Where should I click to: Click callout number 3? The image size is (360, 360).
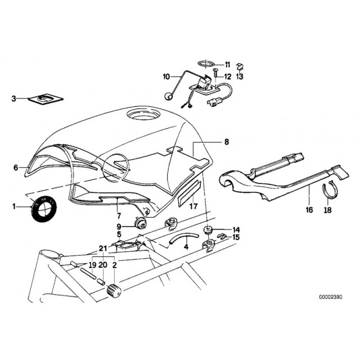(14, 99)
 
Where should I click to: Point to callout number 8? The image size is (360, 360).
(227, 142)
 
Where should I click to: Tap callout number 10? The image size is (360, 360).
(166, 76)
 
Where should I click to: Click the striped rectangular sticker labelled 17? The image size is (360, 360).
(188, 192)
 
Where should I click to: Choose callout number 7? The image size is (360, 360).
(119, 215)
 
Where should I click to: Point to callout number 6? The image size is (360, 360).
(16, 167)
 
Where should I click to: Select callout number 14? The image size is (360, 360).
(236, 230)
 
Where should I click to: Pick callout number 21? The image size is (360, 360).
(102, 249)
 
